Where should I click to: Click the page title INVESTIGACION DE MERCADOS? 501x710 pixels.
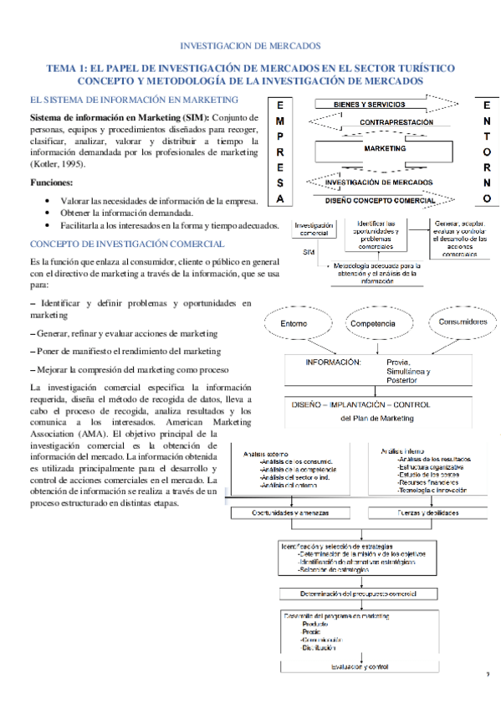(250, 45)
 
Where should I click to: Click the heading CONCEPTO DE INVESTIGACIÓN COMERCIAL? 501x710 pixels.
(126, 244)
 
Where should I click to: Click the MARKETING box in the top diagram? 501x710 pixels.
(385, 148)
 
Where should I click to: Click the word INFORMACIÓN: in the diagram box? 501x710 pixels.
(333, 363)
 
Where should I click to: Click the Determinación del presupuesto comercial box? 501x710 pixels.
(358, 594)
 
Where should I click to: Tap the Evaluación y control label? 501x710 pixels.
(359, 666)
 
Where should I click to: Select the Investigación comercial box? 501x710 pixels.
(314, 229)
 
